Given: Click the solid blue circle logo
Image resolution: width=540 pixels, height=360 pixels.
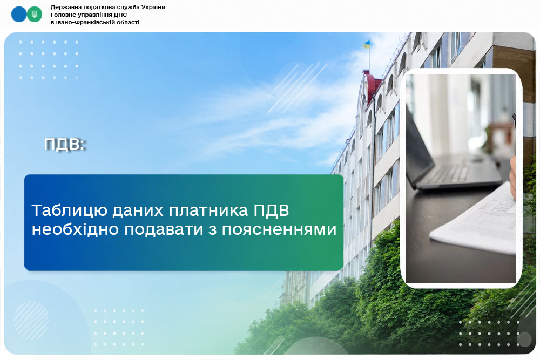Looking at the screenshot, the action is pyautogui.click(x=19, y=15).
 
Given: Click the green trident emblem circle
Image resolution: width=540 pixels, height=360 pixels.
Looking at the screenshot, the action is pyautogui.click(x=35, y=15).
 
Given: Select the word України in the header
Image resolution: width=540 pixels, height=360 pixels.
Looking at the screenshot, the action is pyautogui.click(x=153, y=7).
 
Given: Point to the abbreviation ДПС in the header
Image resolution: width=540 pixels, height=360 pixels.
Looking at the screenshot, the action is pyautogui.click(x=120, y=15).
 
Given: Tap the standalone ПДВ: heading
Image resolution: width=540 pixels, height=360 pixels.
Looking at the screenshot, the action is pyautogui.click(x=65, y=144).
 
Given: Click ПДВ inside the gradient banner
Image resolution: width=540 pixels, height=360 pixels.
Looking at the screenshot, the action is pyautogui.click(x=272, y=210).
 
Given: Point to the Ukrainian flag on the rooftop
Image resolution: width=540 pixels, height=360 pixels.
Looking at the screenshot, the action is pyautogui.click(x=367, y=44).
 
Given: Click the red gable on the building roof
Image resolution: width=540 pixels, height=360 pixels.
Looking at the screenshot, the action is pyautogui.click(x=372, y=86).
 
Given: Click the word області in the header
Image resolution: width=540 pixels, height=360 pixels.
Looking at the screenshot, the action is pyautogui.click(x=128, y=22).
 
